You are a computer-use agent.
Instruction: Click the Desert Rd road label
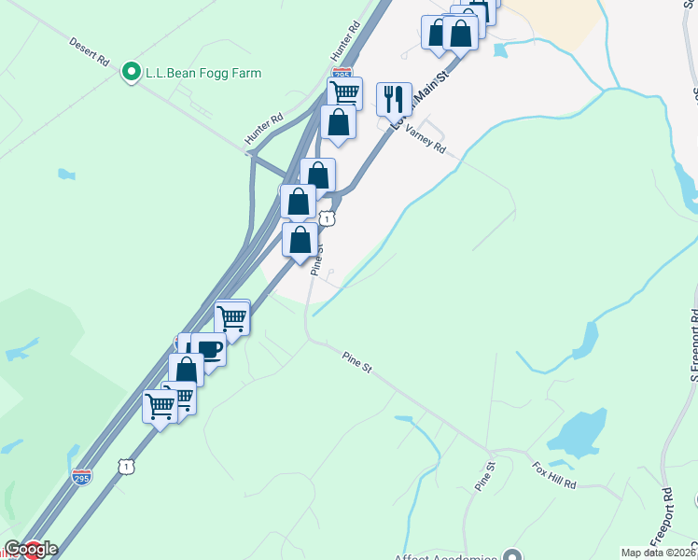click(x=90, y=51)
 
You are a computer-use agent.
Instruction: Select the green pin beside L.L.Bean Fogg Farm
click(x=132, y=71)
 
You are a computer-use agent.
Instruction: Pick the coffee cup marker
click(x=209, y=350)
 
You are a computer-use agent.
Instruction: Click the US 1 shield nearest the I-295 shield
click(x=126, y=465)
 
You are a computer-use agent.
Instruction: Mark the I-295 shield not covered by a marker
click(x=82, y=477)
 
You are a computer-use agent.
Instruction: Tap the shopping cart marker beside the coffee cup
click(x=232, y=317)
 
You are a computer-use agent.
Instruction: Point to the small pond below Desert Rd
click(x=64, y=174)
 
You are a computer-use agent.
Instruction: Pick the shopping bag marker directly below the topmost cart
click(x=338, y=122)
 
